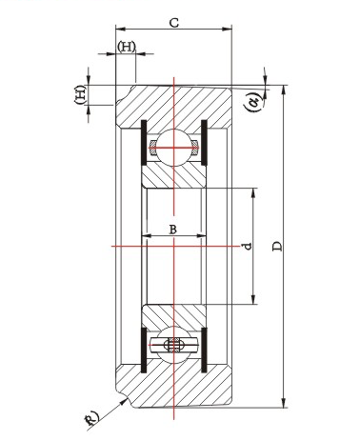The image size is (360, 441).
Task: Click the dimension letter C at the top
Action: point(174,23)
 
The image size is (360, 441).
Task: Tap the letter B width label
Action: point(172,230)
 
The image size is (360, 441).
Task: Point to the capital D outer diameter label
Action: point(277,247)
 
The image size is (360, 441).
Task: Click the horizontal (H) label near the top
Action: point(127,47)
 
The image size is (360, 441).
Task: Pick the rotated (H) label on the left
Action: point(80,94)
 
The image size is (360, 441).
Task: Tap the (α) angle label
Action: point(254,102)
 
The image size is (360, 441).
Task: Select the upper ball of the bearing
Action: point(174,148)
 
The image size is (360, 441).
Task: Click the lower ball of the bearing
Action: point(174,345)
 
